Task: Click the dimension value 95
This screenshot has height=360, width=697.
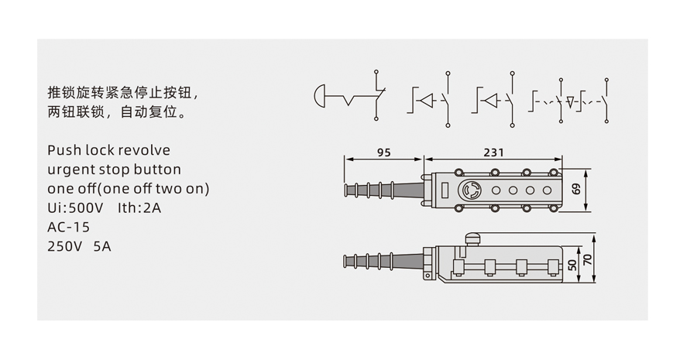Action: (383, 153)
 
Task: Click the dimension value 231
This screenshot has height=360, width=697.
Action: (494, 153)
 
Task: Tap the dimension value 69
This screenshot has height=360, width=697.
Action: (576, 189)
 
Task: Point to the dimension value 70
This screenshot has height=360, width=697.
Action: (588, 259)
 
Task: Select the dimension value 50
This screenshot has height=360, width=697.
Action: (573, 265)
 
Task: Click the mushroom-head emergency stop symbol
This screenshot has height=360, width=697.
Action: (320, 95)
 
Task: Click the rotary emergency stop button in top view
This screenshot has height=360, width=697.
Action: (470, 190)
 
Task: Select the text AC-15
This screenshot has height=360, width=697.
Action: (68, 227)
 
